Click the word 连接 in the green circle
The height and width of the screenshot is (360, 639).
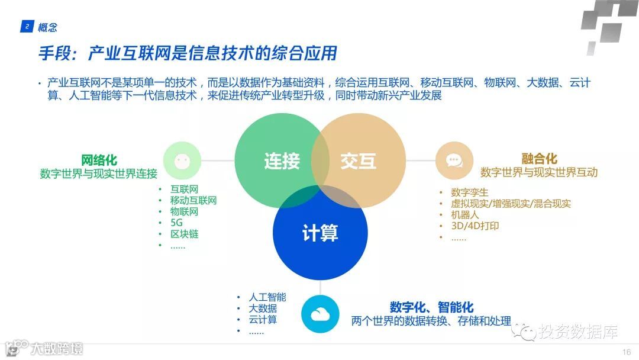coord(282,160)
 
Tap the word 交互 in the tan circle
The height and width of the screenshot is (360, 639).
coord(358,160)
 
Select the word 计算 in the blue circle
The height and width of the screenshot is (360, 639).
coord(320,233)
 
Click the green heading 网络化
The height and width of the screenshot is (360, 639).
coord(99,160)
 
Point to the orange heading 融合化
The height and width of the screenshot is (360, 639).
coord(539,159)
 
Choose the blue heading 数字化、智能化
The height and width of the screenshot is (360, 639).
coord(431,307)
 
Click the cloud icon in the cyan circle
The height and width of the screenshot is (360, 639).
coord(320,314)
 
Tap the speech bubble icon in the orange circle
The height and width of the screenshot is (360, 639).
coord(454,160)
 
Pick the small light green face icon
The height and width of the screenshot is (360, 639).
coord(182,160)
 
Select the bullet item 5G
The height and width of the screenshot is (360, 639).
coord(176,223)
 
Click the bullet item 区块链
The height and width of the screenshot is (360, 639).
coord(184,234)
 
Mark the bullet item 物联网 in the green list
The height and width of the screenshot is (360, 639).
coord(184,211)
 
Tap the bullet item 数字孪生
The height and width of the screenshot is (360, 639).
coord(469,192)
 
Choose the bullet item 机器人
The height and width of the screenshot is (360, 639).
coord(464,215)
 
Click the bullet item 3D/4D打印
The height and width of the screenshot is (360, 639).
coord(475,226)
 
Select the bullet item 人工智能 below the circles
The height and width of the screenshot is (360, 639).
coord(267,297)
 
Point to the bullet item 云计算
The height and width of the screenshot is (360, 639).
coord(263,320)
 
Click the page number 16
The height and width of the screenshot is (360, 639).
coord(627,352)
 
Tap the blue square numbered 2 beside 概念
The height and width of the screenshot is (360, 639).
coord(27,27)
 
